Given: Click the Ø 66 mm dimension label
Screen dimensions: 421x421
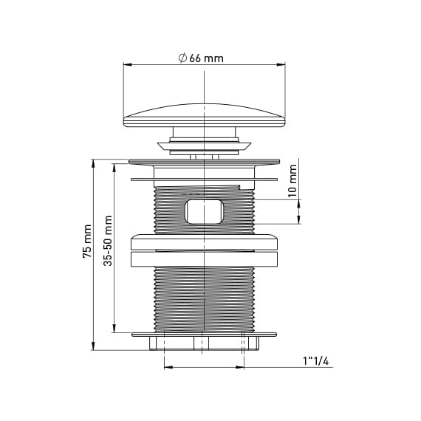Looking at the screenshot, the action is [x=201, y=58].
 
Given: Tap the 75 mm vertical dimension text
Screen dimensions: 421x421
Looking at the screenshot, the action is [x=87, y=242].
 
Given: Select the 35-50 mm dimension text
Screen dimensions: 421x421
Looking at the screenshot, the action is [x=108, y=241].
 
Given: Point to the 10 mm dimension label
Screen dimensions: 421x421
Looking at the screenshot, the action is [x=292, y=181].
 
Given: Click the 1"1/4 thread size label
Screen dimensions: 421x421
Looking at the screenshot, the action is [x=316, y=361].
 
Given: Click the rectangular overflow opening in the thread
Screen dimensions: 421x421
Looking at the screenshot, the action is [x=204, y=211].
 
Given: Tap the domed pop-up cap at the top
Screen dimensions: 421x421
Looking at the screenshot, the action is [x=205, y=115].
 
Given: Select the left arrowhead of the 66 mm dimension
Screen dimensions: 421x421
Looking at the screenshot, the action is [x=127, y=64].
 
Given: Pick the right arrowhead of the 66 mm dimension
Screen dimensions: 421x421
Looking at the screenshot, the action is [x=281, y=64].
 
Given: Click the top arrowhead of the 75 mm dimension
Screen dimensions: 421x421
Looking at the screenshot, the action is [x=93, y=163].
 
